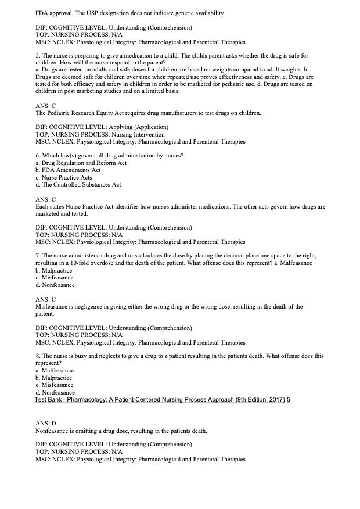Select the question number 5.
(x=38, y=56)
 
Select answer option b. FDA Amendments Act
(x=68, y=170)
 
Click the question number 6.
(x=38, y=156)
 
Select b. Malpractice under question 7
(x=55, y=271)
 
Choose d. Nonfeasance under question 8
(x=55, y=392)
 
